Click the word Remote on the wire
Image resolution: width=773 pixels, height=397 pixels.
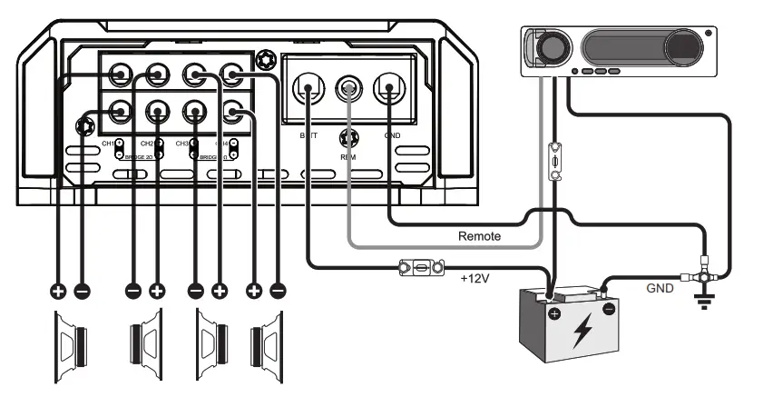pos(478,235)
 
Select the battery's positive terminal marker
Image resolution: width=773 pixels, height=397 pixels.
pos(553,313)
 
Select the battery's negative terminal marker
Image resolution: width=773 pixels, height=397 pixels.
pos(609,308)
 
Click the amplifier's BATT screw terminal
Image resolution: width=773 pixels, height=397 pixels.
pos(308,89)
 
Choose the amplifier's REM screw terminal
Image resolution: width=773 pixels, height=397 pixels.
pos(348,89)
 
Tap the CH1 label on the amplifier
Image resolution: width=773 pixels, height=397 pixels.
pos(107,144)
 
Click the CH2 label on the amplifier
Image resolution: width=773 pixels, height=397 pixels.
pos(146,144)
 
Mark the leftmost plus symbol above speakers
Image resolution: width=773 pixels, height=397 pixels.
pos(58,292)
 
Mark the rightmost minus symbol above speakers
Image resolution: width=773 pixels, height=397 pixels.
pos(278,292)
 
